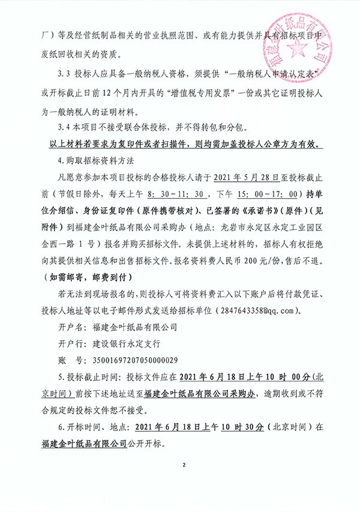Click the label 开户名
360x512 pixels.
73,327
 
